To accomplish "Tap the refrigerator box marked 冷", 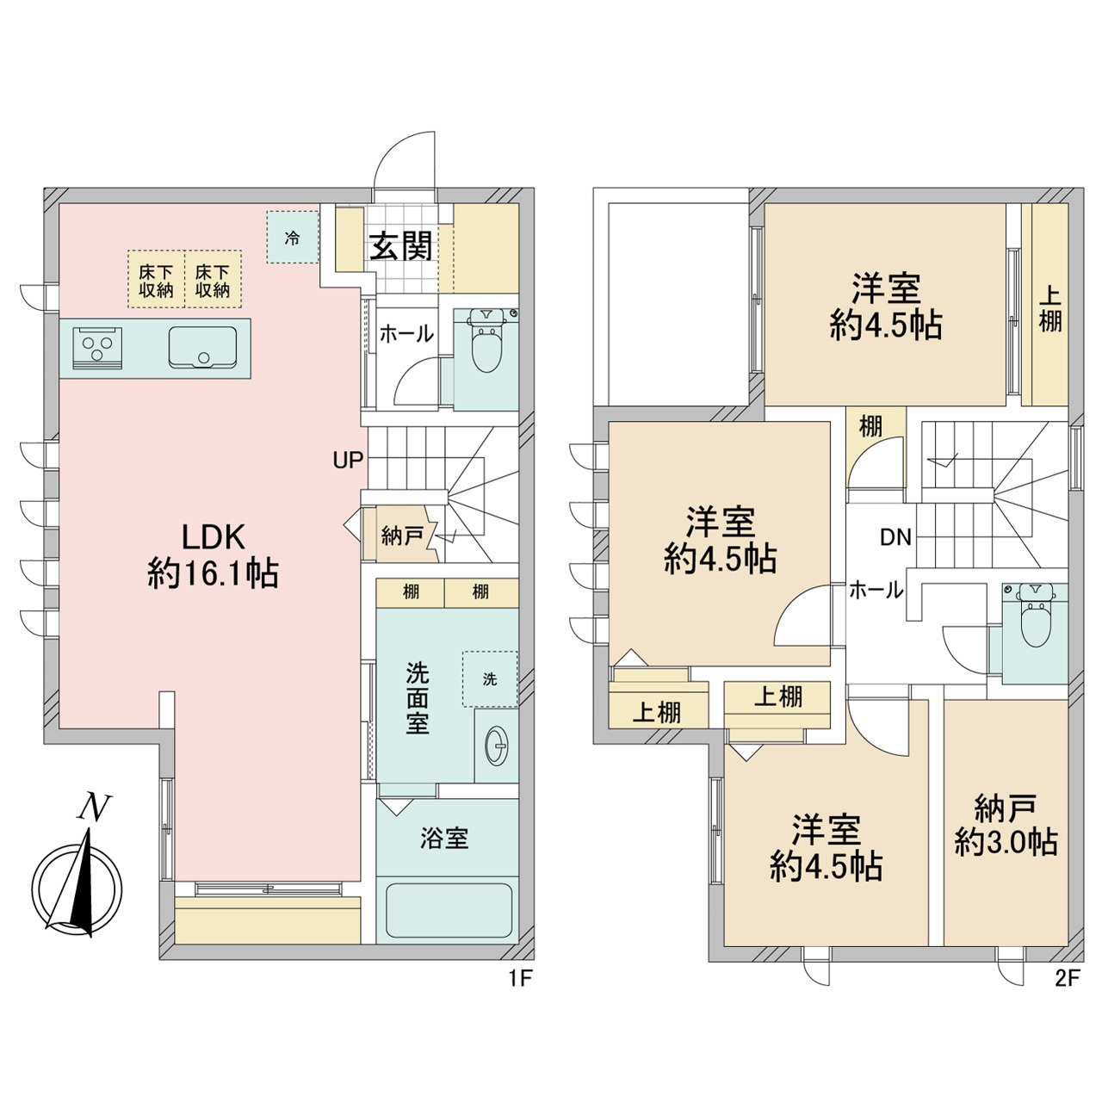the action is [292, 238].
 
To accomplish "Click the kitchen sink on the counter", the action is [202, 347].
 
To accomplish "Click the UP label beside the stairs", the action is [348, 460].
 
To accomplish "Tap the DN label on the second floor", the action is [895, 537].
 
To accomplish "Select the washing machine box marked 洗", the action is [490, 678].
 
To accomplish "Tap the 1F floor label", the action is [520, 979].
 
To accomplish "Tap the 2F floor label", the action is [1065, 979].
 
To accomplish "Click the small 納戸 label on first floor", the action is [402, 536].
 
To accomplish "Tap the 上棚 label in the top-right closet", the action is [1050, 309].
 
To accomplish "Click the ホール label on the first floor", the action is [406, 333].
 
